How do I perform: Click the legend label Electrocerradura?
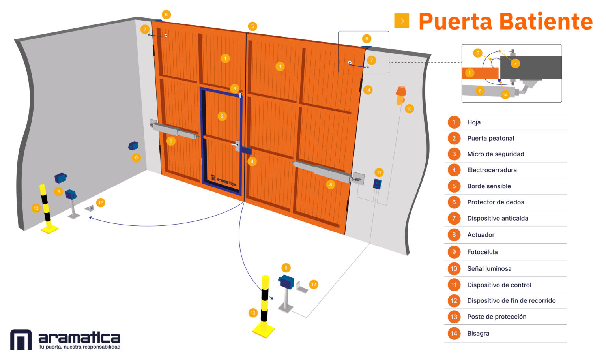click(492, 170)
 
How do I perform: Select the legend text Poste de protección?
click(497, 317)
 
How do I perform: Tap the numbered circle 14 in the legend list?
click(454, 333)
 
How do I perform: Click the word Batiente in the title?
click(546, 21)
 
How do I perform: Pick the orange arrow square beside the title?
click(402, 21)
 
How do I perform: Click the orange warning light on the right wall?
click(401, 95)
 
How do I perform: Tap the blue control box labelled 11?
click(377, 184)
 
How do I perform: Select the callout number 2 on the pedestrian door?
click(222, 116)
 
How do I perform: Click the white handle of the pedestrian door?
click(234, 145)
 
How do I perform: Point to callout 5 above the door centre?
click(252, 26)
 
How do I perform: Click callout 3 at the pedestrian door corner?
click(235, 88)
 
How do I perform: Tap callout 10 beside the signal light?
click(409, 109)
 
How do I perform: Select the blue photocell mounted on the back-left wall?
click(133, 146)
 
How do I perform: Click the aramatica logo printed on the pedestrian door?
click(223, 180)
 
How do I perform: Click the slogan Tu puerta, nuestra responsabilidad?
click(79, 347)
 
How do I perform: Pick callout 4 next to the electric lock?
click(252, 161)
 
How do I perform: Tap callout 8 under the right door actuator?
click(331, 185)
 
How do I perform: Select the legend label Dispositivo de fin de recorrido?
click(511, 300)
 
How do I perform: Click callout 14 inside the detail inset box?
click(505, 95)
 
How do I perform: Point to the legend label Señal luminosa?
click(489, 268)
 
